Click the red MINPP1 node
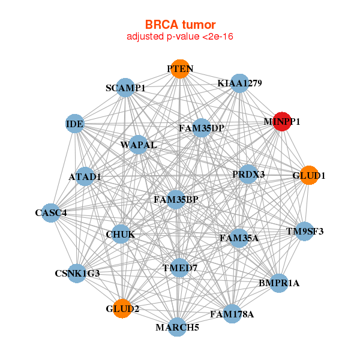point(282,121)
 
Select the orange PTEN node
point(179,69)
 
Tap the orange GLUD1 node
point(308,175)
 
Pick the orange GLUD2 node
point(122,308)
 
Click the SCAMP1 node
point(125,88)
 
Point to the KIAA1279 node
point(239,83)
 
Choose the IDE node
point(75,124)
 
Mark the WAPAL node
point(139,145)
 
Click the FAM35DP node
point(202,128)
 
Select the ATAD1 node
point(85,176)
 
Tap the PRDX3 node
point(248,174)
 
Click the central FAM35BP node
point(175,199)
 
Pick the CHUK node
point(121,233)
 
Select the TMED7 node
point(180,268)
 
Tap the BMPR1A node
point(278,282)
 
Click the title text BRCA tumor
point(179,25)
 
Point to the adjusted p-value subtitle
point(179,37)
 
